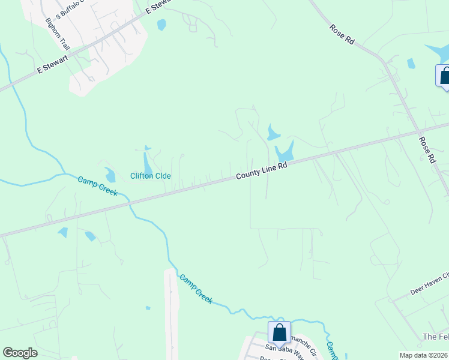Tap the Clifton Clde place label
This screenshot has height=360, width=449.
pyautogui.click(x=151, y=176)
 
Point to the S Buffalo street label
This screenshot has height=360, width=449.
pyautogui.click(x=71, y=10)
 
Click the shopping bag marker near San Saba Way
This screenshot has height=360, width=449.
pyautogui.click(x=280, y=332)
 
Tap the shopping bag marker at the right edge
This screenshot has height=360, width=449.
pyautogui.click(x=444, y=77)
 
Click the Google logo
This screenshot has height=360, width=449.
pyautogui.click(x=20, y=353)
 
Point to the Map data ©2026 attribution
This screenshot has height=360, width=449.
pyautogui.click(x=423, y=355)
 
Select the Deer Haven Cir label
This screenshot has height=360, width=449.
pyautogui.click(x=429, y=283)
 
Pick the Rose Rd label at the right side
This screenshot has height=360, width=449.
pyautogui.click(x=427, y=150)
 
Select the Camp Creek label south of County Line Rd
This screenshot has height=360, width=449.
pyautogui.click(x=196, y=289)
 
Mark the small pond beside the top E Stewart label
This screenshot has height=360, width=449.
pyautogui.click(x=161, y=25)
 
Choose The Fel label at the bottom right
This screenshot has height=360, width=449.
pyautogui.click(x=435, y=337)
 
